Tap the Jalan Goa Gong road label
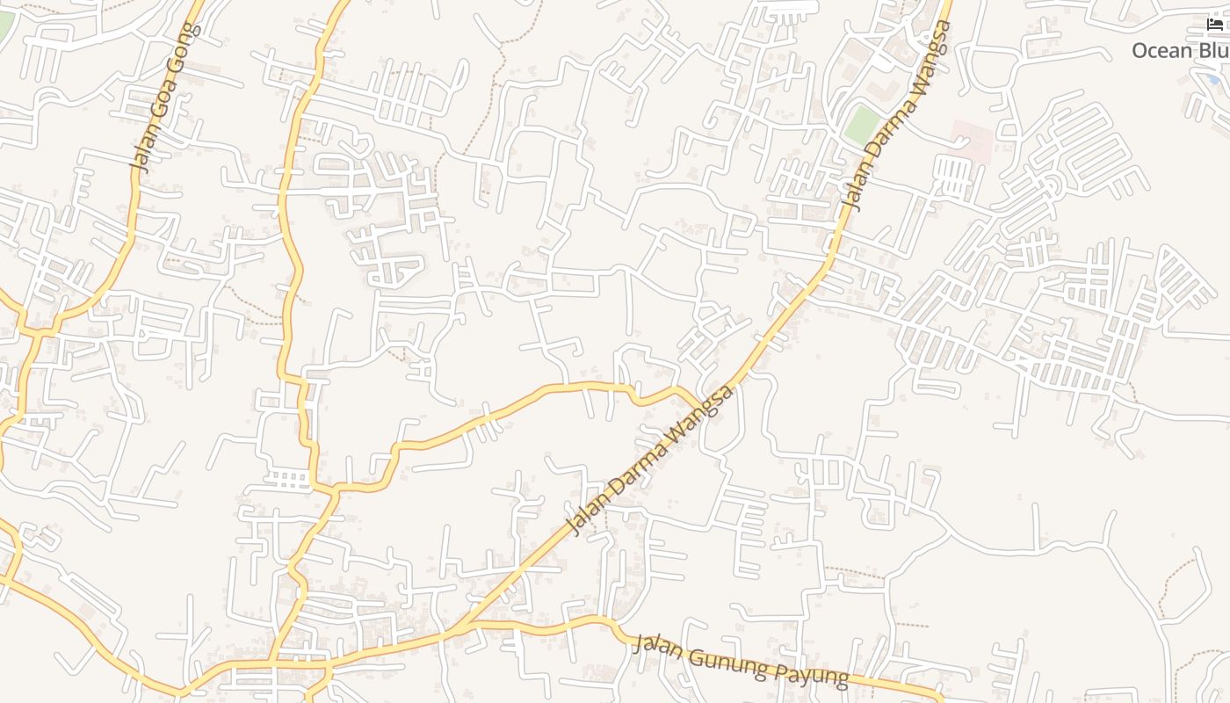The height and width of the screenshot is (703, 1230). [x=165, y=97]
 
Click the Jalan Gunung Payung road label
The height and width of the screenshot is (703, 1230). [x=741, y=661]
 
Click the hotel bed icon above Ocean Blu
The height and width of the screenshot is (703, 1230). [x=1215, y=24]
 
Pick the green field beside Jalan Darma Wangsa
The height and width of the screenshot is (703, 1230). [x=862, y=126]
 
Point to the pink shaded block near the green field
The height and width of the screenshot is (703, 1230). [x=972, y=141]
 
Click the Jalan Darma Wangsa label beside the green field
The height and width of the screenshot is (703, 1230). [x=897, y=116]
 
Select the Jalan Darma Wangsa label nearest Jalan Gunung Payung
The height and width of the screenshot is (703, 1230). [x=651, y=460]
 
